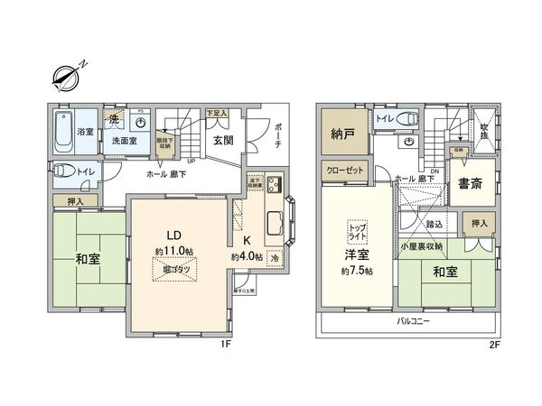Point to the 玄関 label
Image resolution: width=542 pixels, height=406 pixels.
point(224,141)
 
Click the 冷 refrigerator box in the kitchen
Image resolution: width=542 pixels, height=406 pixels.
point(274,256)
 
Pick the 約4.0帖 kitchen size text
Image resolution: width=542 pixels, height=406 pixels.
point(247,257)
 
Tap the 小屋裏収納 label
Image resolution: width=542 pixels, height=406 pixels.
point(422,245)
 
